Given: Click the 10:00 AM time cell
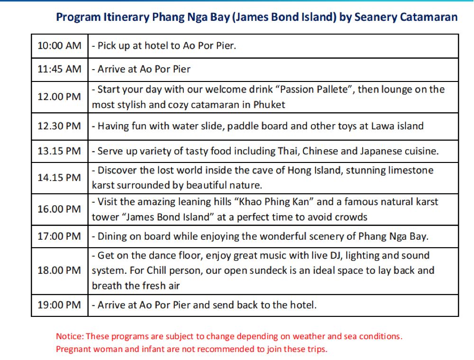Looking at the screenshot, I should coord(59,46).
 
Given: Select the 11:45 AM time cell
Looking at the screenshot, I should coord(59,69).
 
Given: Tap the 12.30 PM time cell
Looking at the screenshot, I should coord(59,126).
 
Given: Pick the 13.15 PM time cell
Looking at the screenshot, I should coord(59,152).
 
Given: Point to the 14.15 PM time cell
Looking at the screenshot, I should coord(59,178).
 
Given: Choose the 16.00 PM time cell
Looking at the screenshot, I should coord(59,209).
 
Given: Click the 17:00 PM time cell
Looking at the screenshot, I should coord(59,236).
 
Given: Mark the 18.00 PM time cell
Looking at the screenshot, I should coord(59,270).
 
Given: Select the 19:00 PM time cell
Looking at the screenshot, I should coord(59,305).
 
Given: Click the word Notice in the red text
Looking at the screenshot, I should coord(70,336).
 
